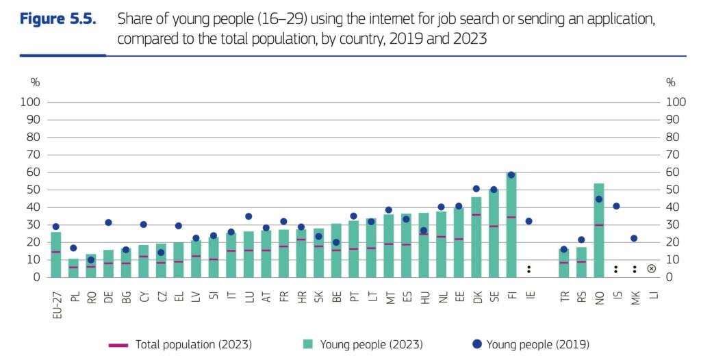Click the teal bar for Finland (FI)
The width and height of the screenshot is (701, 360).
[511, 226]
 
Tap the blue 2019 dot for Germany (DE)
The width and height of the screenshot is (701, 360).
[108, 222]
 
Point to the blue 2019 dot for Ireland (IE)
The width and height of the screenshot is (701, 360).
[528, 221]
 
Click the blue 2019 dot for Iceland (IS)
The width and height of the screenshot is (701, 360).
[616, 206]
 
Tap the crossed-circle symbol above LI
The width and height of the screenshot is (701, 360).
[651, 269]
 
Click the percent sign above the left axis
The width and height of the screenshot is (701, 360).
[35, 82]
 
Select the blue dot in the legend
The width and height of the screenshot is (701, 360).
[476, 344]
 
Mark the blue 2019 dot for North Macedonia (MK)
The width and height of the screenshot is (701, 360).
[634, 238]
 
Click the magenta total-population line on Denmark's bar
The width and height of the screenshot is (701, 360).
[476, 215]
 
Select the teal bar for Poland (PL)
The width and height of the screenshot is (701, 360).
[73, 268]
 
